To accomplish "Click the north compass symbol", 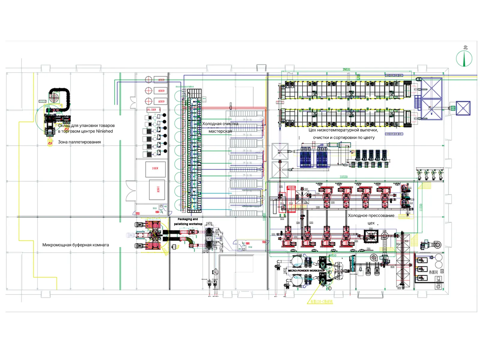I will pos(464,58).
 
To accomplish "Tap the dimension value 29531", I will pos(346,69).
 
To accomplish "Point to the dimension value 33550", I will pos(343,177).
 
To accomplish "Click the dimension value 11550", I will pos(421,207).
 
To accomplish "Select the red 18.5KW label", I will pos(152,109).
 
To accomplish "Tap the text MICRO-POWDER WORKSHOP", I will pos(306,271).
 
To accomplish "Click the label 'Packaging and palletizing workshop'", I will pos(188,221).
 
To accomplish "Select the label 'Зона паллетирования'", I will pos(79,142).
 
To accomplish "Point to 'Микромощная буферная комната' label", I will pos(76,245).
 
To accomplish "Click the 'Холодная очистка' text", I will pos(220,124).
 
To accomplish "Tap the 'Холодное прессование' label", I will pos(371,215).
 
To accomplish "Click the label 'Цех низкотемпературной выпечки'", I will pos(343,130).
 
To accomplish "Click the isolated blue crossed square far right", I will pos(463,108).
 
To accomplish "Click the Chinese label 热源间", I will pos(433,272).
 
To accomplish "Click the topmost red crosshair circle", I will pos(148,79).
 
